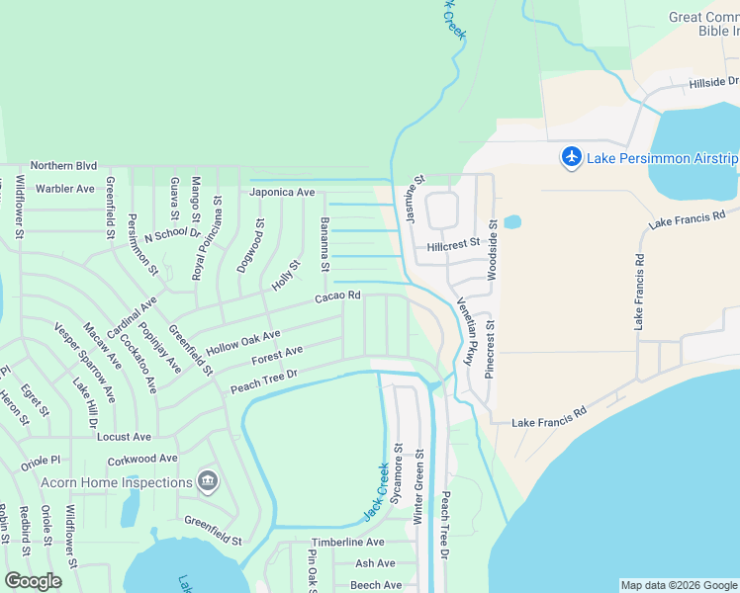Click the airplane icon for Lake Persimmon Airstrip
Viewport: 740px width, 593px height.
(572, 157)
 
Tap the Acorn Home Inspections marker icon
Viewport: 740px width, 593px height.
(208, 482)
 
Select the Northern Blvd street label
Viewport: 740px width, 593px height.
(63, 166)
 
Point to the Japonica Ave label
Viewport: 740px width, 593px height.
(282, 192)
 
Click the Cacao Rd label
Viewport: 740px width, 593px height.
(337, 296)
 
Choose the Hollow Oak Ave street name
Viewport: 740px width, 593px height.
(243, 342)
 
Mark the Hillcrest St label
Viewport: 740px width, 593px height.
(453, 243)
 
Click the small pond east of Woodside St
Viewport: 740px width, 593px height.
(511, 222)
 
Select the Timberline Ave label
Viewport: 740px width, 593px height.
(347, 543)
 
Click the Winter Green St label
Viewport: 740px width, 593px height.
(418, 487)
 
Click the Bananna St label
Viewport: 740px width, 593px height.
(324, 245)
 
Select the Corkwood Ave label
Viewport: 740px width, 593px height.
(143, 459)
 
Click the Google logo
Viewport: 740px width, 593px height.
(34, 581)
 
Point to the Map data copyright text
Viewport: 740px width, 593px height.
(678, 585)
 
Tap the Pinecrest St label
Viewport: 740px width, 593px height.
(488, 348)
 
